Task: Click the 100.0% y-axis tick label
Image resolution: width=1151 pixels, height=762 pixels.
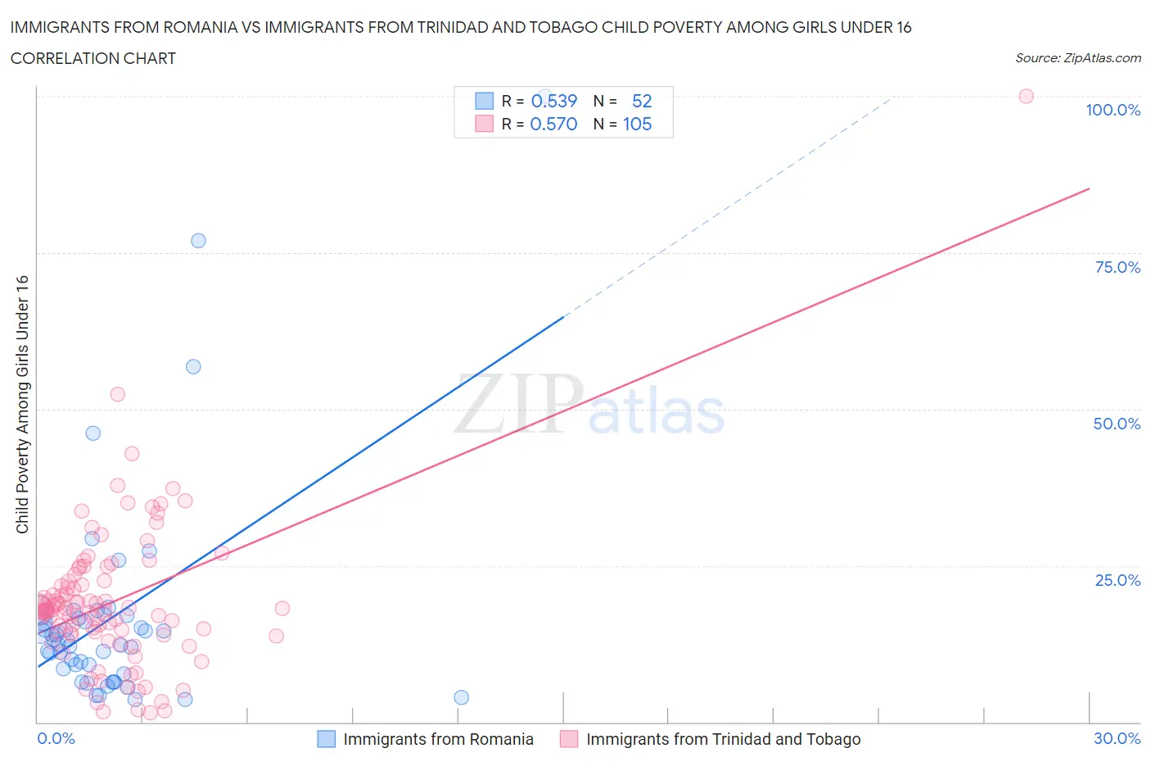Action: point(1113,110)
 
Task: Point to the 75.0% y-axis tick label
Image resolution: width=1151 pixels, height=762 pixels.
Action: point(1117,267)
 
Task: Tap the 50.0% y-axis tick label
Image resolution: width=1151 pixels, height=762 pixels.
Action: point(1117,424)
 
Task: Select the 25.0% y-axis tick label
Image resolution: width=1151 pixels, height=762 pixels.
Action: point(1117,580)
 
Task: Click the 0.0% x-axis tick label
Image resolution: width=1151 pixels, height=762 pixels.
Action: point(56,738)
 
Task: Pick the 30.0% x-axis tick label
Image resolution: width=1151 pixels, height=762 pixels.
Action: point(1117,738)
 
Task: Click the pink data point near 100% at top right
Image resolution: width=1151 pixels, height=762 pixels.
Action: point(1026,96)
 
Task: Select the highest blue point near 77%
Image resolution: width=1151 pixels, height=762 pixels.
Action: point(198,241)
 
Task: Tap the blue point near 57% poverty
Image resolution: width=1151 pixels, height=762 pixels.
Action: point(193,366)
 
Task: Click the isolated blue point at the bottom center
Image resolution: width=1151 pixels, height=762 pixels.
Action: point(461,697)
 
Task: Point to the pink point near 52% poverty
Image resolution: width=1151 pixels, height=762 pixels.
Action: point(118,394)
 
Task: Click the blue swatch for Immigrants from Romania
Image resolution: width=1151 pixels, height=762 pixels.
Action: point(327,739)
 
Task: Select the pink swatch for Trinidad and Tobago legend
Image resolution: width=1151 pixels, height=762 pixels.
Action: point(569,739)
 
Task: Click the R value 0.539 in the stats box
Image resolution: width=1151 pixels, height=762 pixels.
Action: point(554,101)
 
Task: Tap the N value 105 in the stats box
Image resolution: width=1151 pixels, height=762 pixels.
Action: point(637,124)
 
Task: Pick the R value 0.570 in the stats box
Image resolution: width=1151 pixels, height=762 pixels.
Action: point(554,124)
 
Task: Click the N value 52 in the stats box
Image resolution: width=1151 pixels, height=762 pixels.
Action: point(642,101)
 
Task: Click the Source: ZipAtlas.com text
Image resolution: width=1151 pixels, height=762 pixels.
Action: point(1077,57)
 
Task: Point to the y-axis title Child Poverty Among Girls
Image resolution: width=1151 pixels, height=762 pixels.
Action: point(22,404)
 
